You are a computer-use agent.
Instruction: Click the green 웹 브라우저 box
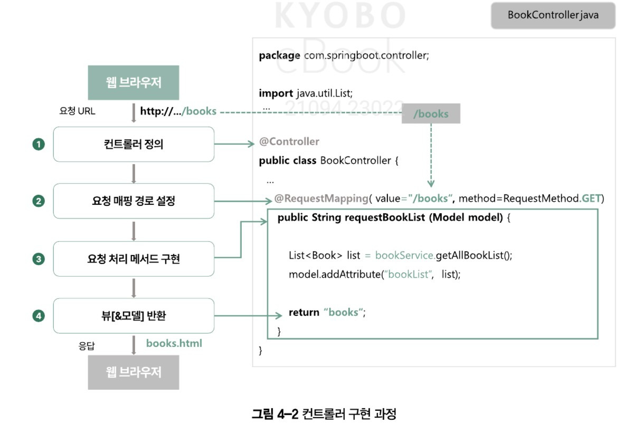[134, 83]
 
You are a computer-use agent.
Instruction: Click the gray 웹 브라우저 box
[134, 372]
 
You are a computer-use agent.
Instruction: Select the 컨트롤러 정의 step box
[134, 144]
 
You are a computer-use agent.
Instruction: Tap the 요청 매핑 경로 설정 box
[134, 201]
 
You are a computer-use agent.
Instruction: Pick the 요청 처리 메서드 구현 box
[134, 259]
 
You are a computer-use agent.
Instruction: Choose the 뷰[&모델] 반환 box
[134, 316]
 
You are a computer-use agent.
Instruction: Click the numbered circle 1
[39, 144]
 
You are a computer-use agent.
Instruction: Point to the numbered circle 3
[39, 259]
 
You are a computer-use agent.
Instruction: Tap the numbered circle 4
[39, 316]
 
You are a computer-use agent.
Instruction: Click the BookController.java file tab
[553, 15]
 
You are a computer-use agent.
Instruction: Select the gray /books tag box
[431, 114]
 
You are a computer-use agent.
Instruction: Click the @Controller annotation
[289, 142]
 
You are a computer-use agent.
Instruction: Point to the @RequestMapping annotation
[320, 199]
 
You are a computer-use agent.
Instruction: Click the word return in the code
[304, 312]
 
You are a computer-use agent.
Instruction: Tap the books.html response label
[174, 343]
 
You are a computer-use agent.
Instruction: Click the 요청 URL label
[77, 111]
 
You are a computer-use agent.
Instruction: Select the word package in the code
[279, 55]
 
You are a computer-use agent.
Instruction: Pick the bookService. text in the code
[405, 255]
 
